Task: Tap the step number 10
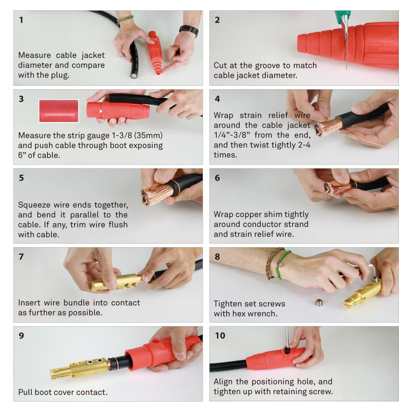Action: coord(220,335)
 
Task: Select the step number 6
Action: coord(217,178)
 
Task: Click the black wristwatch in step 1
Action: coord(189,30)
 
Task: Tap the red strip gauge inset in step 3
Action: coord(59,111)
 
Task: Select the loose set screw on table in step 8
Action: coord(318,304)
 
